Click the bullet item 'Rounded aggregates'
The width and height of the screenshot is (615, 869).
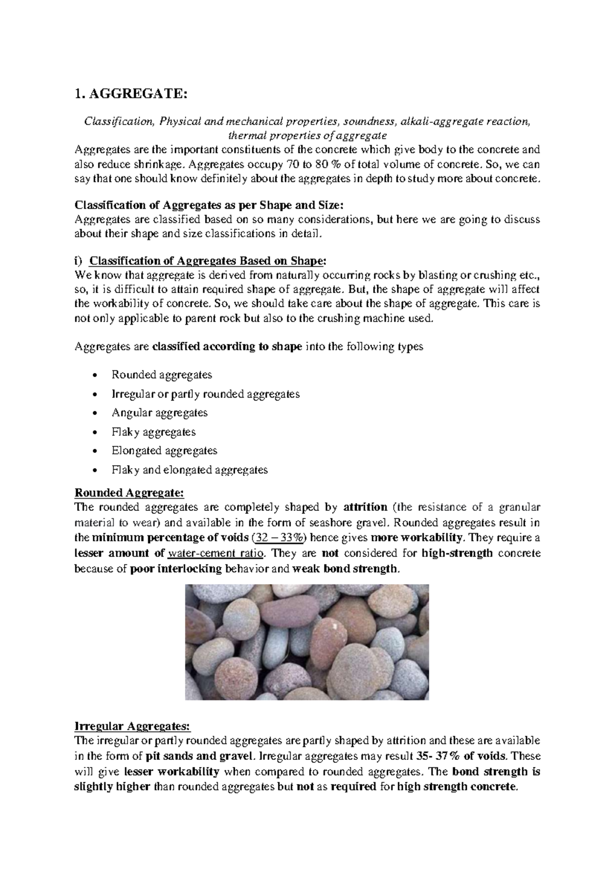(x=161, y=375)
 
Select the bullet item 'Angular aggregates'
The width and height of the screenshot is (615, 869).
(x=159, y=412)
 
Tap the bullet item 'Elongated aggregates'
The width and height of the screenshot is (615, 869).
(x=164, y=450)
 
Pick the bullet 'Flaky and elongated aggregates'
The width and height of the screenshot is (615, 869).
(x=189, y=469)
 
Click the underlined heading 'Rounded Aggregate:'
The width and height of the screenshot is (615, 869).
(x=129, y=493)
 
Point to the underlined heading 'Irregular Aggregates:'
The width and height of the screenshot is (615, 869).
(x=132, y=726)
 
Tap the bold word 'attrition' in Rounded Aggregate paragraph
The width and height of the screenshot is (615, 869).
(x=365, y=507)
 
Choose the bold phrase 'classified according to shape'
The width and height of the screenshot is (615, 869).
(x=228, y=347)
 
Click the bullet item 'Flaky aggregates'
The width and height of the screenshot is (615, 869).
(x=153, y=431)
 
